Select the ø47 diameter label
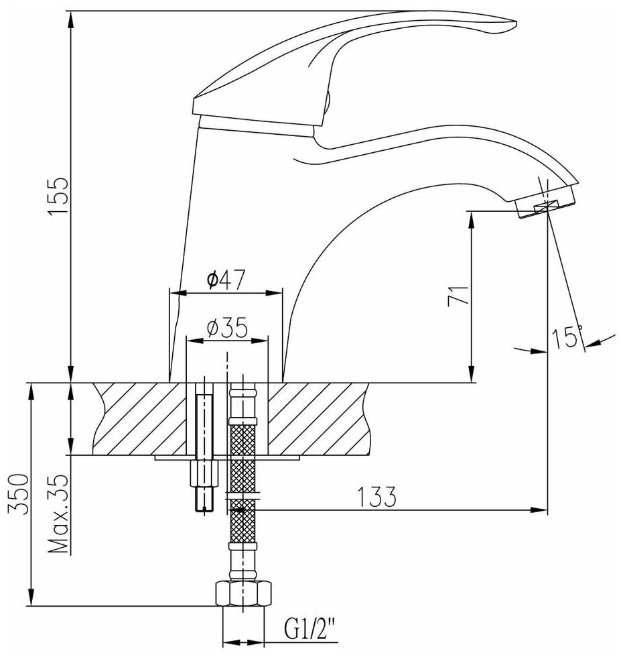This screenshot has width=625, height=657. click(x=225, y=280)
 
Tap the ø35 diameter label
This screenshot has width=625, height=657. click(x=227, y=328)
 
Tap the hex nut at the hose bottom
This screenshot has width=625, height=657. click(x=244, y=593)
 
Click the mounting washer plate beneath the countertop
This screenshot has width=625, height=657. click(x=228, y=459)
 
